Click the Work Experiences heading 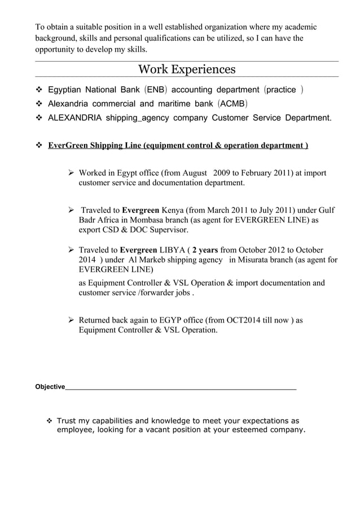(187, 69)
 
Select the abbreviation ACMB (230, 104)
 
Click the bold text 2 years (206, 250)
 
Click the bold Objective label (50, 387)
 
